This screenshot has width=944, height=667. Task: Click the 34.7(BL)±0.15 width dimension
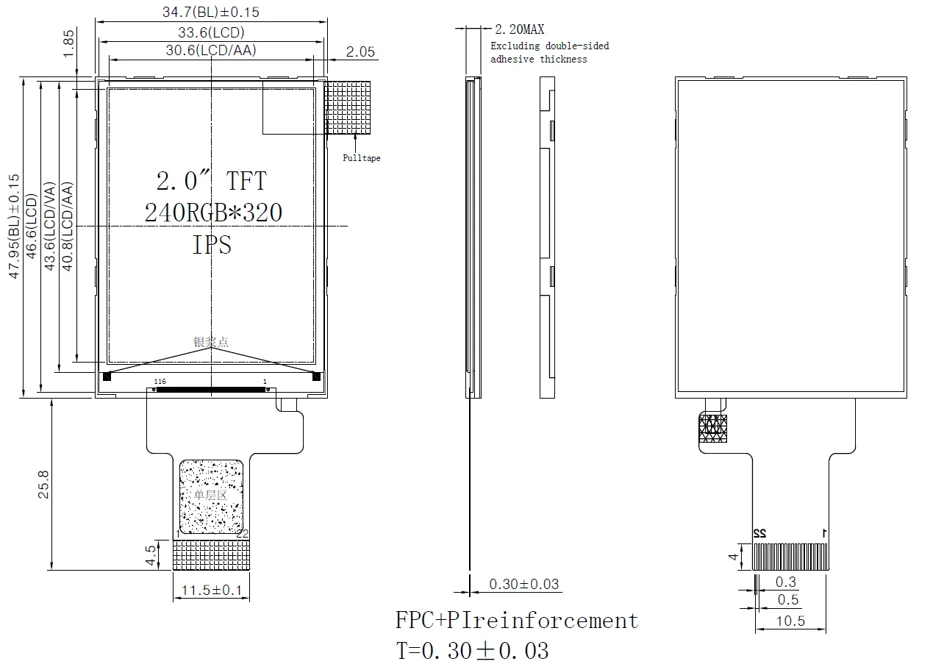tap(210, 12)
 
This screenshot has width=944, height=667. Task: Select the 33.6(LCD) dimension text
tap(211, 32)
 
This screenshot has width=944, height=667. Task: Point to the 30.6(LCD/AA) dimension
tap(211, 50)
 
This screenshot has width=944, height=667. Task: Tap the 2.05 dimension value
tap(360, 51)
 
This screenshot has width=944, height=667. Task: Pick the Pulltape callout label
tap(362, 158)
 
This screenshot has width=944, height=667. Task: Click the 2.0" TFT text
tap(211, 181)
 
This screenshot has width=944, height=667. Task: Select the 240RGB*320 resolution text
tap(213, 213)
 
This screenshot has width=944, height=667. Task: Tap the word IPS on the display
tap(212, 245)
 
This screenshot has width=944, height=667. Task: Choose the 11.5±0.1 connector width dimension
tap(212, 591)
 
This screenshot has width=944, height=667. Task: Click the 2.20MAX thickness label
tap(520, 29)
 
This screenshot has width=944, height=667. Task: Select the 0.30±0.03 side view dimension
tap(524, 585)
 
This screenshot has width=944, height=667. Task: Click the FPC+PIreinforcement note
tap(517, 621)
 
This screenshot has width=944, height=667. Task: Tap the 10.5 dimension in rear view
tap(790, 621)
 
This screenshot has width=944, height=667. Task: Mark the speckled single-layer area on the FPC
tap(212, 496)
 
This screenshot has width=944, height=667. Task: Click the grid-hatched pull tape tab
tap(348, 107)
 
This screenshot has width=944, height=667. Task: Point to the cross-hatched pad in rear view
tap(712, 428)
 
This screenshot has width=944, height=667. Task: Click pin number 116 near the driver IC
tap(160, 382)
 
